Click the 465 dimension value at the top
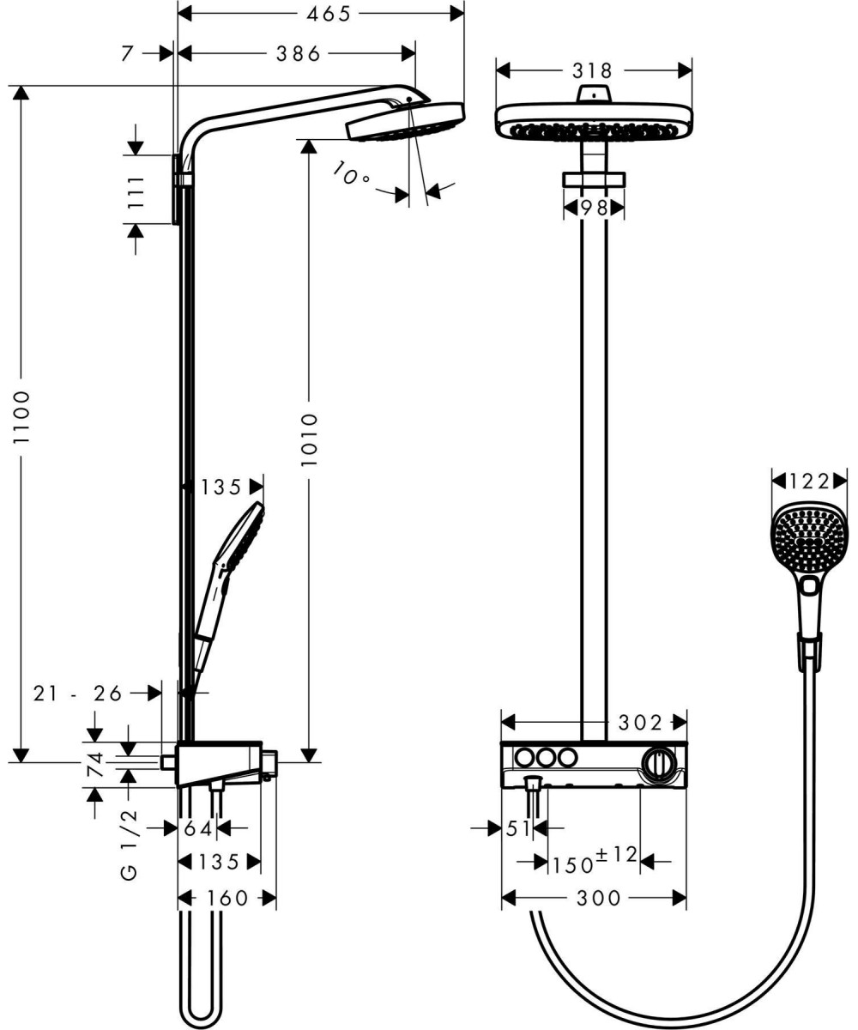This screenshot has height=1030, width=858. (x=329, y=14)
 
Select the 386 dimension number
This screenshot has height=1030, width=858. (x=299, y=53)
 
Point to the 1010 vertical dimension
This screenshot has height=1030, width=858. (x=309, y=440)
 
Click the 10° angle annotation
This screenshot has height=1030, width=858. (x=350, y=173)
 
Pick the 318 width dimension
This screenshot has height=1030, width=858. (x=592, y=71)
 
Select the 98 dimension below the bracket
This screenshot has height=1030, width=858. (x=595, y=208)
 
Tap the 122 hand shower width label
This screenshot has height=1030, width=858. (x=809, y=481)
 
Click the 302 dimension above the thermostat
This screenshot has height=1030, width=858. (x=639, y=724)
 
